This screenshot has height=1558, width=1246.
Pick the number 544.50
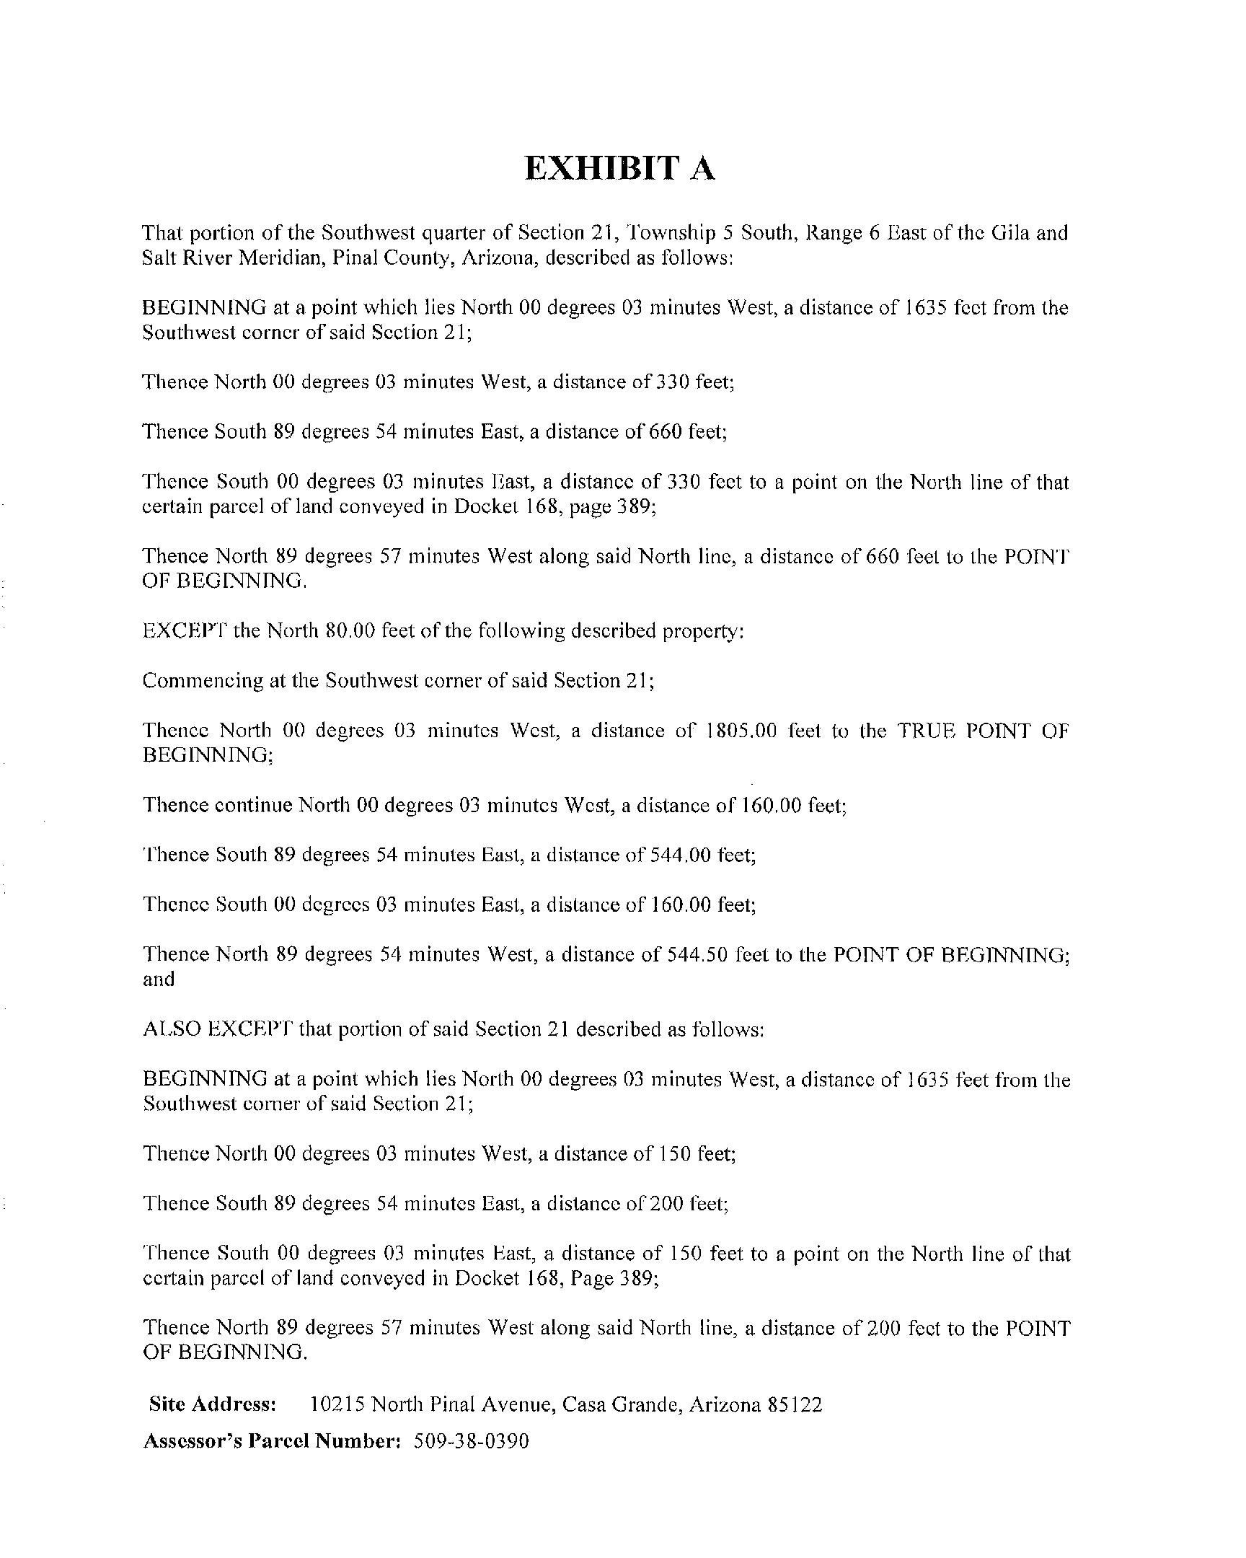(x=697, y=954)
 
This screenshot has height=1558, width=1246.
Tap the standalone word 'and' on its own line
(x=159, y=980)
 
